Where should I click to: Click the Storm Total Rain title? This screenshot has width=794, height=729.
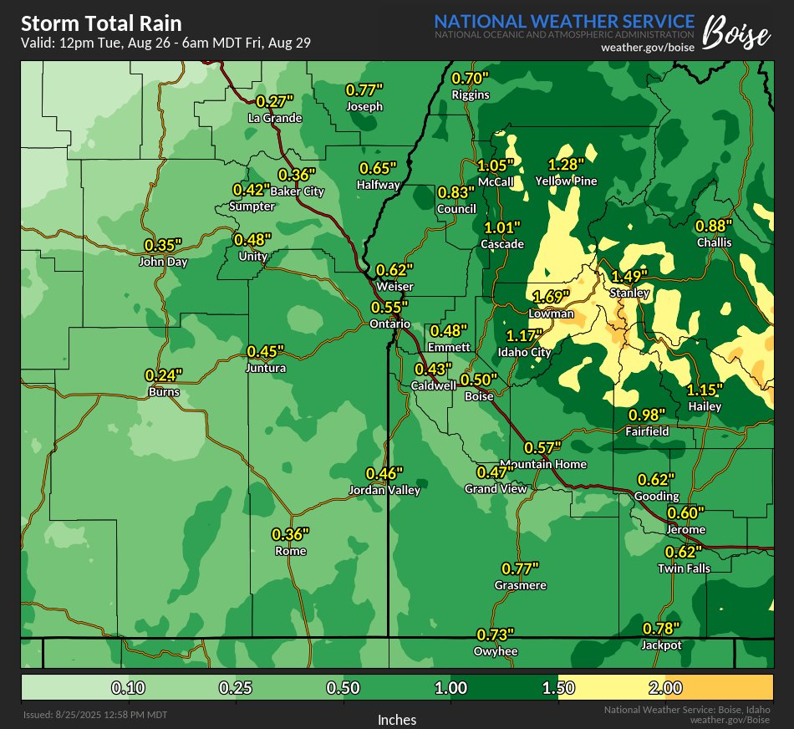[101, 23]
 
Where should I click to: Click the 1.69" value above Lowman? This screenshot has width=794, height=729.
[551, 297]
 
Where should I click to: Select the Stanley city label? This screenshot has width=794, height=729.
[629, 293]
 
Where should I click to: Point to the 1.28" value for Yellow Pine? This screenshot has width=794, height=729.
[566, 164]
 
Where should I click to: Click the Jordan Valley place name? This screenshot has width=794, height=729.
[384, 491]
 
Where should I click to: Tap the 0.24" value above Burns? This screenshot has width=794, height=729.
[163, 375]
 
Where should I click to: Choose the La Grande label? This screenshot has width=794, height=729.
[274, 118]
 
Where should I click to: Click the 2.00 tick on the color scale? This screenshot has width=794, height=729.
[665, 688]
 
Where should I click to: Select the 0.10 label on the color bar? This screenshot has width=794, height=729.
[129, 688]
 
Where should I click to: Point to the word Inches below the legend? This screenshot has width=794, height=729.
[397, 719]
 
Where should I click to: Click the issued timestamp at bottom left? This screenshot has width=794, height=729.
[95, 715]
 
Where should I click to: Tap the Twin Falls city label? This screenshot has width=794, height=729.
[684, 568]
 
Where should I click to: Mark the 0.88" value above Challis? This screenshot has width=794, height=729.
[714, 226]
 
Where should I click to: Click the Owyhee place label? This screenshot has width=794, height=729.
[495, 651]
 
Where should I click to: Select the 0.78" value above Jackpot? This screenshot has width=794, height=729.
[661, 629]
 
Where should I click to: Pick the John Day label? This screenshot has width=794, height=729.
[163, 262]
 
